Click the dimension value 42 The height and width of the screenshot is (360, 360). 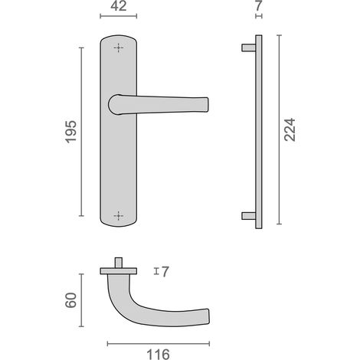(119, 6)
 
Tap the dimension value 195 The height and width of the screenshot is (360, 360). (70, 132)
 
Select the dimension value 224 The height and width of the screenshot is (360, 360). (290, 129)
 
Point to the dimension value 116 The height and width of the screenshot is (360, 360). (158, 355)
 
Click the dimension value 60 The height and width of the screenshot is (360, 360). (70, 300)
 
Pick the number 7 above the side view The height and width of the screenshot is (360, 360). (259, 6)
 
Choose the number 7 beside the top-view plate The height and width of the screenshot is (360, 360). (165, 272)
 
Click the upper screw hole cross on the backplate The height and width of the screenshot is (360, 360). (118, 47)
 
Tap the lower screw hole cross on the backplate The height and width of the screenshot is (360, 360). (118, 216)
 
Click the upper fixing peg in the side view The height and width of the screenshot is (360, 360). (249, 47)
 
